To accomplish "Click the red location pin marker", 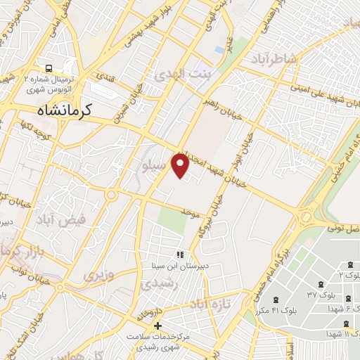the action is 181,165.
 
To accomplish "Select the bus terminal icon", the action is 49,69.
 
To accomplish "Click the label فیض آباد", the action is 82,219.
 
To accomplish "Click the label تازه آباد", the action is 210,304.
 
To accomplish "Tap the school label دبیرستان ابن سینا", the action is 182,266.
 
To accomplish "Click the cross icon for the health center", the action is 157,326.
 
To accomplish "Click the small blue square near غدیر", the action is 220,50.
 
